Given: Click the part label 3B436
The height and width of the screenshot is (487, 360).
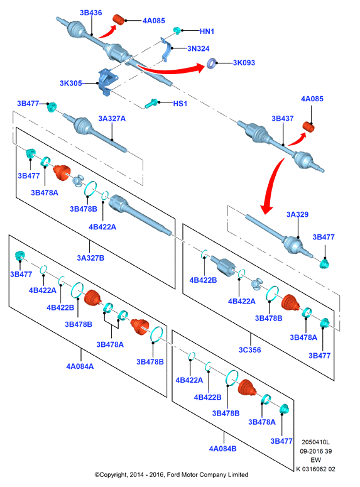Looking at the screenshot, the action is pyautogui.click(x=90, y=13).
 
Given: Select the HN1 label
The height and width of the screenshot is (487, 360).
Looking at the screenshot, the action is pyautogui.click(x=207, y=31).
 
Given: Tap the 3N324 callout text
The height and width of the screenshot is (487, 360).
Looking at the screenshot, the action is pyautogui.click(x=198, y=48).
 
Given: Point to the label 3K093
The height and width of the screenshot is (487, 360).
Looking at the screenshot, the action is pyautogui.click(x=244, y=63).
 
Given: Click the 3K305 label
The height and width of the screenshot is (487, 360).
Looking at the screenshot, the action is pyautogui.click(x=71, y=83).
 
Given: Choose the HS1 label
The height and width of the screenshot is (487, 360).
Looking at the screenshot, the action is pyautogui.click(x=180, y=104).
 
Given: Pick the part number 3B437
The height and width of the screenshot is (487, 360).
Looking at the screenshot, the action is pyautogui.click(x=283, y=118).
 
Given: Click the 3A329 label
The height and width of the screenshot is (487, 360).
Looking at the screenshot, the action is pyautogui.click(x=297, y=214).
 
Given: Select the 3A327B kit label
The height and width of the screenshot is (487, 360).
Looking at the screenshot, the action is pyautogui.click(x=90, y=258).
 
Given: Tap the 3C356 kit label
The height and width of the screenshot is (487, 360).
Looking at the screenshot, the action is pyautogui.click(x=249, y=350).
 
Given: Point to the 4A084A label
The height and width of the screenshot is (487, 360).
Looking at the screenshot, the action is pyautogui.click(x=80, y=366).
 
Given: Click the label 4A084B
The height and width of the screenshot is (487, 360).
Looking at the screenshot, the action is pyautogui.click(x=222, y=449).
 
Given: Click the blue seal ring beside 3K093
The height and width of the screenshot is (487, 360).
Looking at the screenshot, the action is pyautogui.click(x=212, y=63).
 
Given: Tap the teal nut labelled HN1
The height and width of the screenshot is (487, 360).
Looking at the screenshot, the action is pyautogui.click(x=177, y=30).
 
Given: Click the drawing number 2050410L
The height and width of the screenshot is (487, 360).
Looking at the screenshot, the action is pyautogui.click(x=315, y=442).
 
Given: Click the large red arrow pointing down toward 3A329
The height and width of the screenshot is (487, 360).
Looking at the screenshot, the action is pyautogui.click(x=271, y=185).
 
